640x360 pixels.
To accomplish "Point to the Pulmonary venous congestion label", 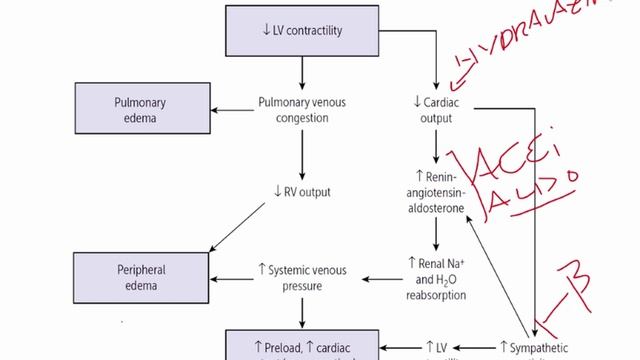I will point(301,109).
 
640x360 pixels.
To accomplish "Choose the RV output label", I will point(301,192).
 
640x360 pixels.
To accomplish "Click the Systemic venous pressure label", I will point(304,277).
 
